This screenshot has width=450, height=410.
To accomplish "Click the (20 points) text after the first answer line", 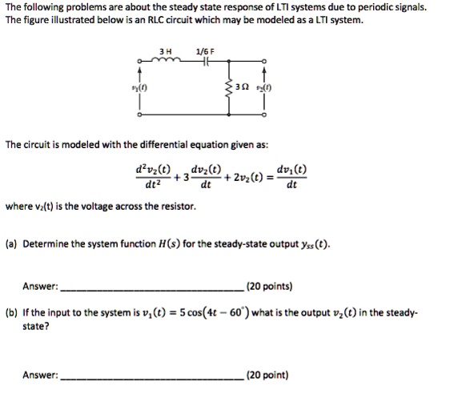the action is (x=271, y=285).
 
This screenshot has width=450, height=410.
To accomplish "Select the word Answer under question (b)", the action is (x=40, y=373).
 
